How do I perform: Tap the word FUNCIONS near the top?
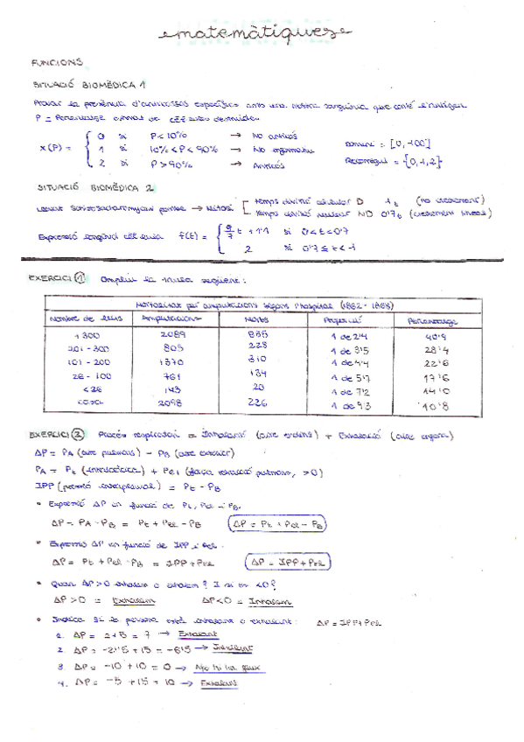[57, 63]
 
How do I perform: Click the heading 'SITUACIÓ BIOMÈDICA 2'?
[96, 186]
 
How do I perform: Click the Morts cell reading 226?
[258, 402]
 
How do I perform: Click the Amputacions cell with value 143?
[171, 388]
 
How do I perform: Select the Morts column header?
[256, 319]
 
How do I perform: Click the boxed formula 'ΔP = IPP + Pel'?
[283, 563]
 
